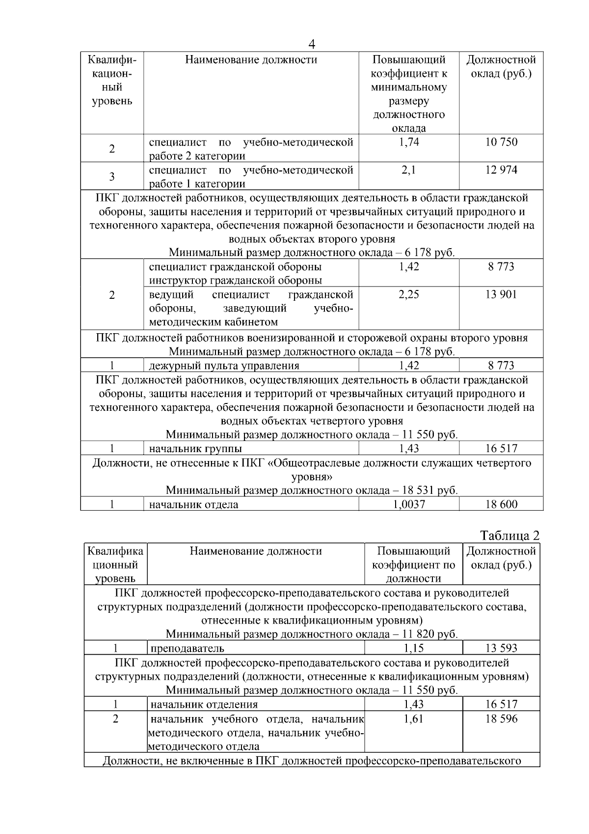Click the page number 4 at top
[311, 44]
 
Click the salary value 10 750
[501, 142]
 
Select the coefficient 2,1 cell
[408, 170]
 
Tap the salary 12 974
[501, 170]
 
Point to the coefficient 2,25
[408, 294]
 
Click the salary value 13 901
[501, 294]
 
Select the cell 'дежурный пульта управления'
[224, 366]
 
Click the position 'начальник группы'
[195, 449]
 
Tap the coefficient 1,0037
[409, 504]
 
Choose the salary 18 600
[501, 504]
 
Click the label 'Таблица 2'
[509, 535]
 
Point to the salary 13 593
[501, 648]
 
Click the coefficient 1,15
[414, 648]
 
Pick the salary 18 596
[501, 719]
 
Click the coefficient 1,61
[414, 719]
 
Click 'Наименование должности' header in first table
[251, 60]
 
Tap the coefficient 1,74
[408, 142]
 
